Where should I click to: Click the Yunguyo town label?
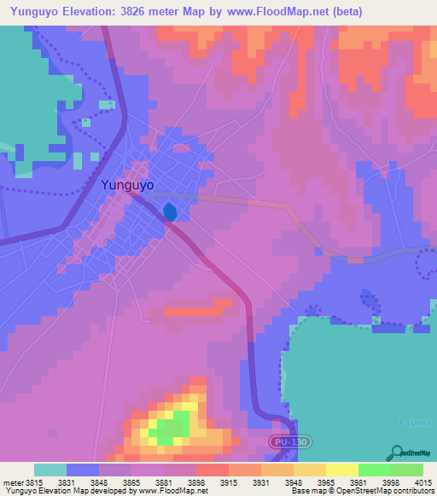click(x=127, y=184)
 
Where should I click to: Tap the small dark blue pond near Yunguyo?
click(x=171, y=211)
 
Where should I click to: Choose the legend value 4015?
click(x=424, y=482)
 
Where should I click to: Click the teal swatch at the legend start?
click(x=50, y=470)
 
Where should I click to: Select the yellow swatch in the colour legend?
click(x=341, y=470)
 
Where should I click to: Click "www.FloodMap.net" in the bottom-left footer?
click(x=172, y=491)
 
